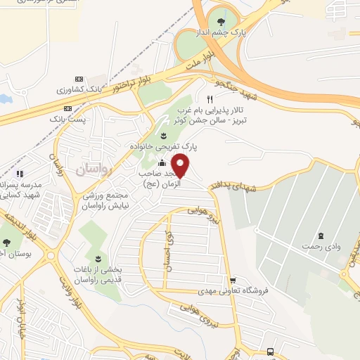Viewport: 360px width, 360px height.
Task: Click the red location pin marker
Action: (x=181, y=165)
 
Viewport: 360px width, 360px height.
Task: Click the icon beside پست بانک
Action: (x=67, y=109)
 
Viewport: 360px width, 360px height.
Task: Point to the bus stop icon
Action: (x=271, y=352)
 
